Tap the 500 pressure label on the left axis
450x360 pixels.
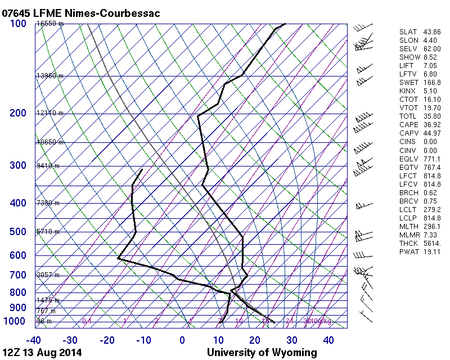coord(19,232)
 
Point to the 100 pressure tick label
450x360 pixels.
coord(19,24)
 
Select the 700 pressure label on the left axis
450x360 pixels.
coord(19,275)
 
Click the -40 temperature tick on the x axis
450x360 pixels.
coord(34,340)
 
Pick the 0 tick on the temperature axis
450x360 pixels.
coord(182,340)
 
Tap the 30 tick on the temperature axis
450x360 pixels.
coord(291,340)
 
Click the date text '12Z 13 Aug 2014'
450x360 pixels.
coord(42,353)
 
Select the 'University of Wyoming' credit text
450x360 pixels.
coord(262,353)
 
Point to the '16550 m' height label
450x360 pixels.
coord(49,24)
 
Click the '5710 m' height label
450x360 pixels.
coord(48,232)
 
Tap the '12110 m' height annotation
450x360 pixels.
coord(49,113)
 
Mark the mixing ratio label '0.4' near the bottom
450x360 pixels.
coord(87,321)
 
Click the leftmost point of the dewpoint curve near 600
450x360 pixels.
coord(119,258)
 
